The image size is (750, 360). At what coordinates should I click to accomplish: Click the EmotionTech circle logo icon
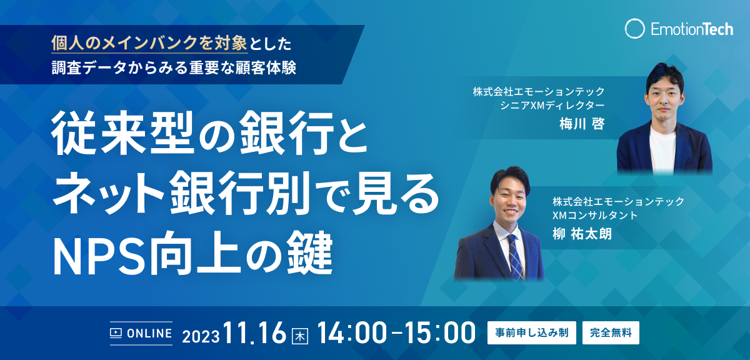pyautogui.click(x=634, y=29)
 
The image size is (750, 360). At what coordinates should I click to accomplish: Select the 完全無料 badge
pyautogui.click(x=611, y=332)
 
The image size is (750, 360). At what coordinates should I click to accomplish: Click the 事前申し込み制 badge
pyautogui.click(x=532, y=332)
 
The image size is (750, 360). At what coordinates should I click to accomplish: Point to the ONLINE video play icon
pyautogui.click(x=116, y=333)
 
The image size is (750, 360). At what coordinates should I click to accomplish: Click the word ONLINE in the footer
pyautogui.click(x=149, y=333)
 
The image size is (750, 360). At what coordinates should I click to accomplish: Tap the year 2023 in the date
pyautogui.click(x=201, y=336)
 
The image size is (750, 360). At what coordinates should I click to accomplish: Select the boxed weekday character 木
pyautogui.click(x=300, y=336)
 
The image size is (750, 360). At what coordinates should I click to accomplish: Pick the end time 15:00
pyautogui.click(x=440, y=332)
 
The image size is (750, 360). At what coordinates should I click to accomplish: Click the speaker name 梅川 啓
pyautogui.click(x=582, y=124)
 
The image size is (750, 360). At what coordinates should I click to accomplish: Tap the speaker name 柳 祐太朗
pyautogui.click(x=582, y=234)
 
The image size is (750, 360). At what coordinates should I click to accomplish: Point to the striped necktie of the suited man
pyautogui.click(x=515, y=256)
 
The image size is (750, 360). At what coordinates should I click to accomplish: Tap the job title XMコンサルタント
pyautogui.click(x=595, y=215)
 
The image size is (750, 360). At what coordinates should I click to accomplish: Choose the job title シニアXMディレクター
pyautogui.click(x=552, y=105)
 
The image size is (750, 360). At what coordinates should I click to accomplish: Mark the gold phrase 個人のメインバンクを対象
pyautogui.click(x=149, y=43)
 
